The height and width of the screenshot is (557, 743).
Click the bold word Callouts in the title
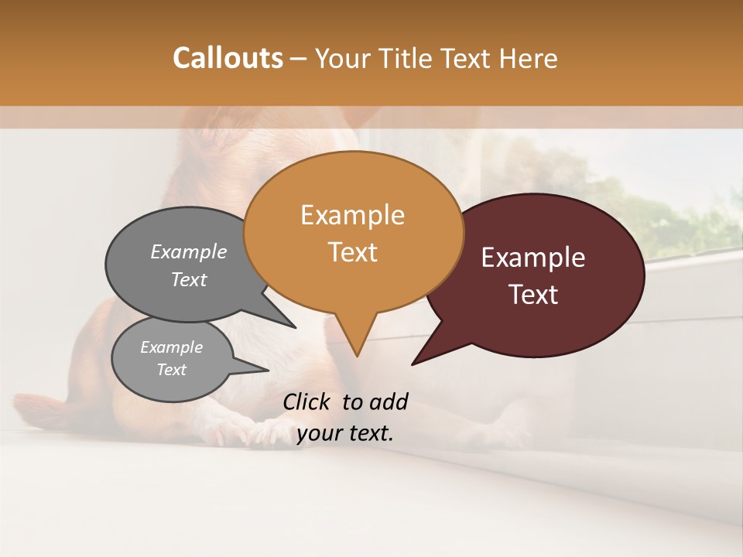point(228,58)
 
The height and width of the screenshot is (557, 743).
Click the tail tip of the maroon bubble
point(413,363)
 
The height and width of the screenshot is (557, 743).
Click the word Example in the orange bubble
point(352,215)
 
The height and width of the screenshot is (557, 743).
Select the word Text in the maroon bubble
point(534,295)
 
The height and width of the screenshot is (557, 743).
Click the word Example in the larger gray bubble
point(189,251)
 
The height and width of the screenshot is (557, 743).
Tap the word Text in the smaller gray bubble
point(172,370)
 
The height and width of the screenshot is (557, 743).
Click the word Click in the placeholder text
point(309,402)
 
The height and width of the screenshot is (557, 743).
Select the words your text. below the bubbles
point(345,433)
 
